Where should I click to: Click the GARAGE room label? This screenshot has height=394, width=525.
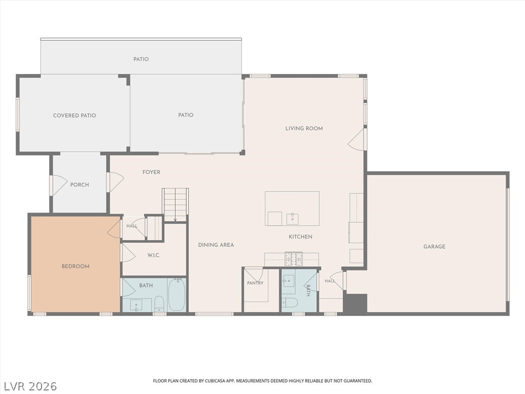point(434,247)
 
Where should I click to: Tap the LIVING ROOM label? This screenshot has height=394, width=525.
point(304,128)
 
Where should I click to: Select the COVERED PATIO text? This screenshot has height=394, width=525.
point(75,115)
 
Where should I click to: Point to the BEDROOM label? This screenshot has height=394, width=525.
point(75,266)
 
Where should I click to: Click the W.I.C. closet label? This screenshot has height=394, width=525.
point(154,255)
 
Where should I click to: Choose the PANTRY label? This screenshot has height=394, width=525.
point(255,283)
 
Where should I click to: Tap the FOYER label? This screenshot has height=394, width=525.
point(151,172)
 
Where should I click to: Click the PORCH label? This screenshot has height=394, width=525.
point(79,185)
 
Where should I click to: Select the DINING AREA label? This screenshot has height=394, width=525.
point(216,245)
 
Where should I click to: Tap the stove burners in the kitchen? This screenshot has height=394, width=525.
point(294,259)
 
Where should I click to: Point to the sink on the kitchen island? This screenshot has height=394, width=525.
point(292,219)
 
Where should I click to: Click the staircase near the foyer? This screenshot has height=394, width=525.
point(175,205)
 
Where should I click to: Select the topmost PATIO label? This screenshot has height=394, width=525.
point(141,60)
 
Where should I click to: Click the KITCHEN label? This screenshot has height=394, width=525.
point(300,237)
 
